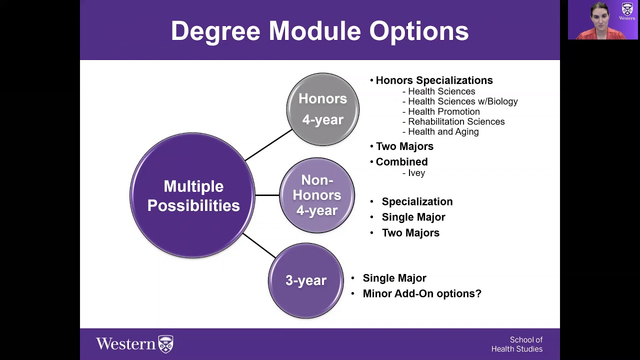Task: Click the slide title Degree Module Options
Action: tap(319, 31)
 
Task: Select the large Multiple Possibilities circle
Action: tap(193, 195)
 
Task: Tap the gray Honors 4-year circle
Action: tap(322, 109)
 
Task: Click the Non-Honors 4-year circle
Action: tap(317, 195)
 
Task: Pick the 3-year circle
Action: tap(305, 280)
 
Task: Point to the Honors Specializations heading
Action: tap(433, 80)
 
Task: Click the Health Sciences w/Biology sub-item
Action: tap(462, 101)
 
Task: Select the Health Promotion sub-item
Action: tap(443, 111)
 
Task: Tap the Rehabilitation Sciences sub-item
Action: tap(456, 121)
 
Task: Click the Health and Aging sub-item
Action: tap(443, 132)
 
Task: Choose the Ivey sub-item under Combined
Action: tap(416, 173)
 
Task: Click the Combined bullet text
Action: tap(401, 162)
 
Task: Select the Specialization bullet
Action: tap(417, 201)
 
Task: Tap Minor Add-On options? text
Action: tap(422, 293)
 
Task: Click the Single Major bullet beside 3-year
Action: tap(394, 278)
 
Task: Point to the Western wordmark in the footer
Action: tap(126, 344)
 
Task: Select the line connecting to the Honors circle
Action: tap(268, 145)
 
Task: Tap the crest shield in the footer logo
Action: tap(165, 344)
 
